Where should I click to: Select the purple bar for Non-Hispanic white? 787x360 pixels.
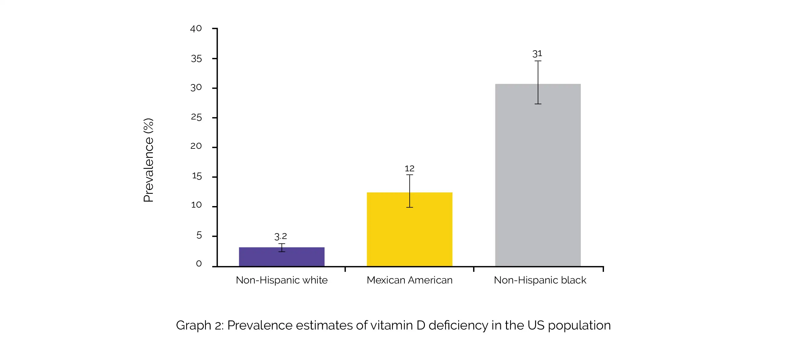[x=281, y=257]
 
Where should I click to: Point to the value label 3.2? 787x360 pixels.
[x=280, y=236]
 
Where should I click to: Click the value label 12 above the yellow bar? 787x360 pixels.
[x=409, y=169]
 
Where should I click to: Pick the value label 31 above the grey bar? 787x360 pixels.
[x=537, y=54]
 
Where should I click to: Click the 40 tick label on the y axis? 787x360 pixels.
[x=196, y=29]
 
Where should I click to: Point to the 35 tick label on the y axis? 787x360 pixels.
[x=196, y=58]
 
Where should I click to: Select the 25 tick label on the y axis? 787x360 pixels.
[x=196, y=117]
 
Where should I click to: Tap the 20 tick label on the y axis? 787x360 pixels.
[x=196, y=146]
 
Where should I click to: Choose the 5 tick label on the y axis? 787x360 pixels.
[x=199, y=235]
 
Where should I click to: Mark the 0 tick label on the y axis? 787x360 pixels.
[x=199, y=263]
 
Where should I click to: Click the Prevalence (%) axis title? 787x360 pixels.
[x=149, y=160]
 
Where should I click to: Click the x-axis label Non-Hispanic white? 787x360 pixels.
[x=281, y=280]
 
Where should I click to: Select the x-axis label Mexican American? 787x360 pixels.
[x=409, y=280]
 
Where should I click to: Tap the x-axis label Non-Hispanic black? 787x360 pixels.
[x=540, y=280]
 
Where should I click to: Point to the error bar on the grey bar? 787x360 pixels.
[x=538, y=82]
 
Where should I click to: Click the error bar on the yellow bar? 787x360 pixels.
[x=410, y=191]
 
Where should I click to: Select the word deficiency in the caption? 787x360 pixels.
[x=458, y=326]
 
